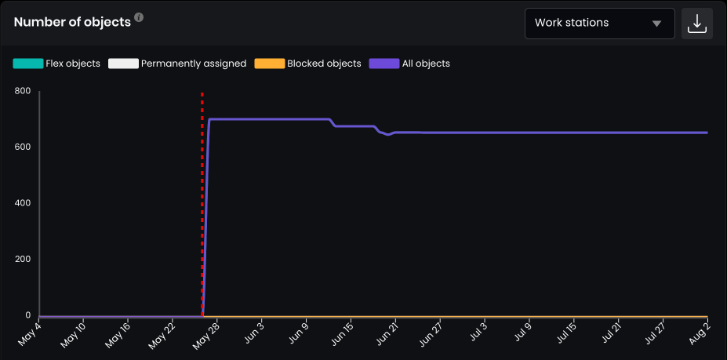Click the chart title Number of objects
pyautogui.click(x=72, y=22)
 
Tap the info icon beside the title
pyautogui.click(x=139, y=17)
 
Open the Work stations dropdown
pyautogui.click(x=599, y=24)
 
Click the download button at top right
pyautogui.click(x=697, y=24)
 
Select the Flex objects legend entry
pyautogui.click(x=56, y=64)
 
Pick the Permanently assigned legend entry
pyautogui.click(x=177, y=64)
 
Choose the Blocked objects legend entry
pyautogui.click(x=307, y=64)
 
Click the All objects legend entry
pyautogui.click(x=409, y=64)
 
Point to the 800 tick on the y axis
pyautogui.click(x=22, y=91)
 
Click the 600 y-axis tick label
pyautogui.click(x=22, y=147)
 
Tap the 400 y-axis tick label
pyautogui.click(x=22, y=203)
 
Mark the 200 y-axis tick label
pyautogui.click(x=22, y=260)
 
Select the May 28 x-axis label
pyautogui.click(x=205, y=333)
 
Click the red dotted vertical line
pyautogui.click(x=202, y=196)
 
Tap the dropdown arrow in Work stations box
pyautogui.click(x=656, y=24)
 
